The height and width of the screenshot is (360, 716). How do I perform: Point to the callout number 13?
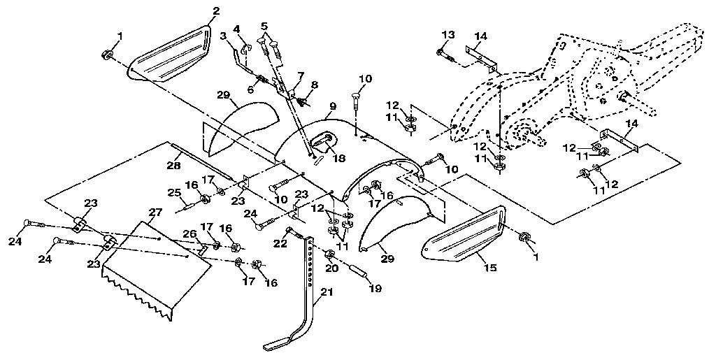(x=448, y=34)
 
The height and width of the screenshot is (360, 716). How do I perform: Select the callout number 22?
(x=280, y=244)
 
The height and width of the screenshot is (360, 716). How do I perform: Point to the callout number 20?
(x=331, y=268)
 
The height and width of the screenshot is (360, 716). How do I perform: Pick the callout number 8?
(x=314, y=85)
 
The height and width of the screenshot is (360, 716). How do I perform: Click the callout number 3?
(x=223, y=36)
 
